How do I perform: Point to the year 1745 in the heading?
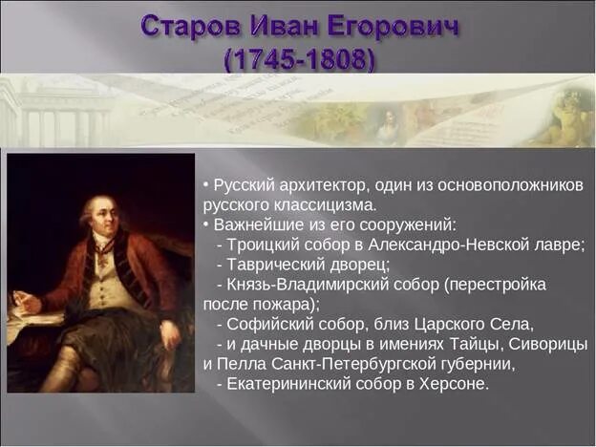260,59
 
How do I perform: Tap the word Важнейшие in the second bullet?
251,224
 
